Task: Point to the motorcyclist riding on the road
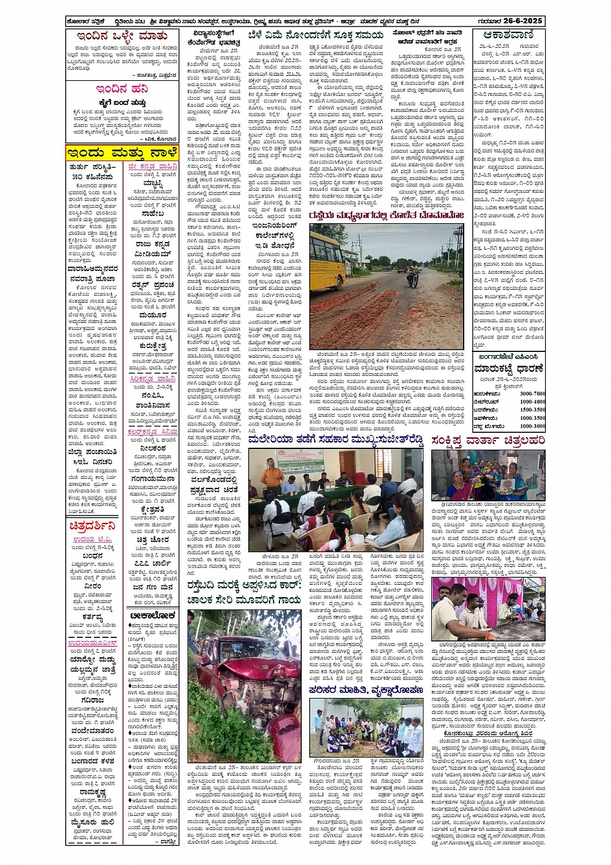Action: click(x=412, y=274)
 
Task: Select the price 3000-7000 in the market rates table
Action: click(x=531, y=393)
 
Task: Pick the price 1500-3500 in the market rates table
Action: click(x=531, y=410)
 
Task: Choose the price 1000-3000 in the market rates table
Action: click(x=531, y=426)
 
